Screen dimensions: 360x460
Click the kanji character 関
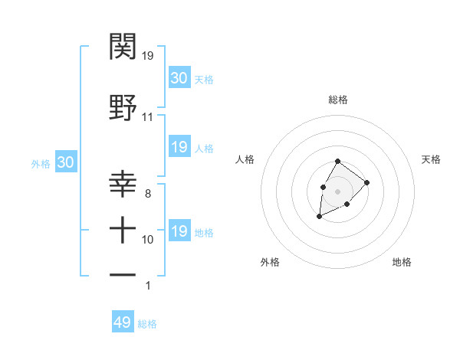click(x=123, y=47)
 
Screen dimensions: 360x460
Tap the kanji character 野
click(x=123, y=108)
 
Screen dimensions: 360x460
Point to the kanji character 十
click(x=123, y=230)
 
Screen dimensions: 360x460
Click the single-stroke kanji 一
click(x=123, y=273)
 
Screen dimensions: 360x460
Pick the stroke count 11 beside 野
click(x=147, y=117)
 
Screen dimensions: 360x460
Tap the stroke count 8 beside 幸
click(x=147, y=195)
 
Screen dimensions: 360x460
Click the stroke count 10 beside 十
click(x=148, y=240)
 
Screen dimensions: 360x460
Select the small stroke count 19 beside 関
click(x=149, y=56)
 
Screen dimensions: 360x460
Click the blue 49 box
click(x=123, y=322)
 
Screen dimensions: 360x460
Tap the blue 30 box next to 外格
click(x=65, y=162)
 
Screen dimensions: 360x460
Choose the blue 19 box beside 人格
click(x=179, y=147)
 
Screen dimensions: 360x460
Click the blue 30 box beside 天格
click(x=179, y=78)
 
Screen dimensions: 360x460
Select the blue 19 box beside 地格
click(x=179, y=231)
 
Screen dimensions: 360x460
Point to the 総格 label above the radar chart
click(x=338, y=100)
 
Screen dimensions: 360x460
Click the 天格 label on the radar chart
click(x=431, y=159)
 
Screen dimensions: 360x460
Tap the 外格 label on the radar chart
click(x=270, y=262)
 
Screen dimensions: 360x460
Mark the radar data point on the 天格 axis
click(x=367, y=182)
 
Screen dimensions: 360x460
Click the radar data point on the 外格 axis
click(x=319, y=217)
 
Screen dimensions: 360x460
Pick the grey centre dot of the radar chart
click(x=337, y=191)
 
